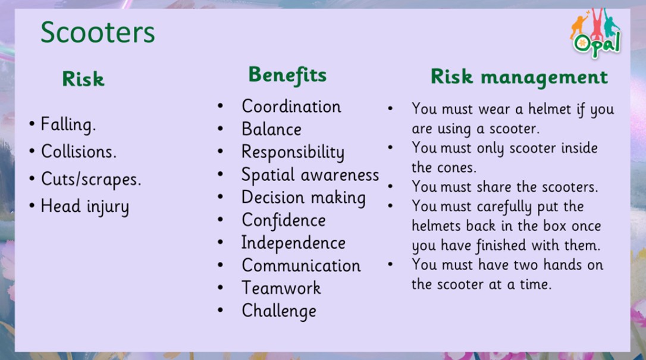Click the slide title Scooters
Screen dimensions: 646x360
98,32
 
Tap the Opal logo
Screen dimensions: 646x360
595,33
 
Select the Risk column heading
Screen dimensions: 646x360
83,79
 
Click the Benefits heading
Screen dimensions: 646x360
287,76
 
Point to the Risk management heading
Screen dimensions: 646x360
519,77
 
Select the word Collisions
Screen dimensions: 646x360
79,152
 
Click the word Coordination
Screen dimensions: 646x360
291,107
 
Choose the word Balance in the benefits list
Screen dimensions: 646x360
271,129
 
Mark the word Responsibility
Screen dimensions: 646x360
293,152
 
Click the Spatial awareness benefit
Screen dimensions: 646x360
311,175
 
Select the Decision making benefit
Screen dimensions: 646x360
303,198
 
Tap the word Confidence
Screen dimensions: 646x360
284,220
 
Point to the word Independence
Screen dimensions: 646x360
293,243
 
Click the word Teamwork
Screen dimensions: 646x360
281,288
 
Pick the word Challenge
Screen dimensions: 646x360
280,311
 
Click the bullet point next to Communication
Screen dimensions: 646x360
221,265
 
